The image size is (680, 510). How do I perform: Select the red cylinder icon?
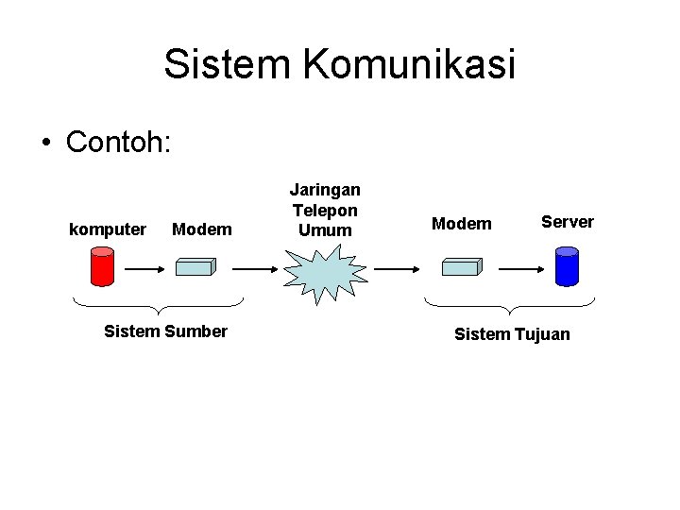(101, 265)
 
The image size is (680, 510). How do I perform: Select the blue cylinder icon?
(567, 265)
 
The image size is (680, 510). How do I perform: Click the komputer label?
(109, 229)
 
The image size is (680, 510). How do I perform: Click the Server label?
(568, 222)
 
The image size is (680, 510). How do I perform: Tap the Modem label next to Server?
(462, 224)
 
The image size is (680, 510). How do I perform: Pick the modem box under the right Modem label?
(463, 266)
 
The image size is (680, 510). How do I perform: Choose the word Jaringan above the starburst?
(325, 191)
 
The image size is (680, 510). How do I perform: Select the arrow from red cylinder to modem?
(145, 268)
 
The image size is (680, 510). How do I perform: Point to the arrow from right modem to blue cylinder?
(519, 268)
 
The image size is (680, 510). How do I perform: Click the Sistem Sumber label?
(165, 331)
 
